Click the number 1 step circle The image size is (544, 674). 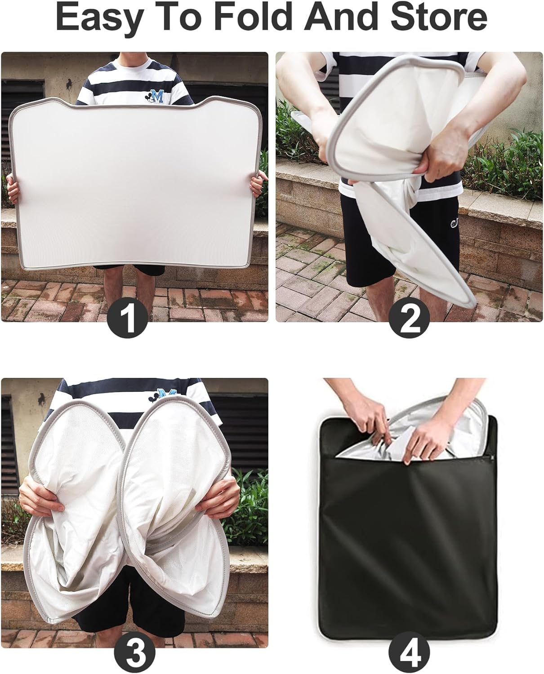[x=128, y=318]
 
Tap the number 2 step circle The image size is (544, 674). [x=409, y=318]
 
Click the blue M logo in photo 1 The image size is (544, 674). [x=155, y=96]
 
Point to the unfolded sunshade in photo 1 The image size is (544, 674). [x=135, y=183]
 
